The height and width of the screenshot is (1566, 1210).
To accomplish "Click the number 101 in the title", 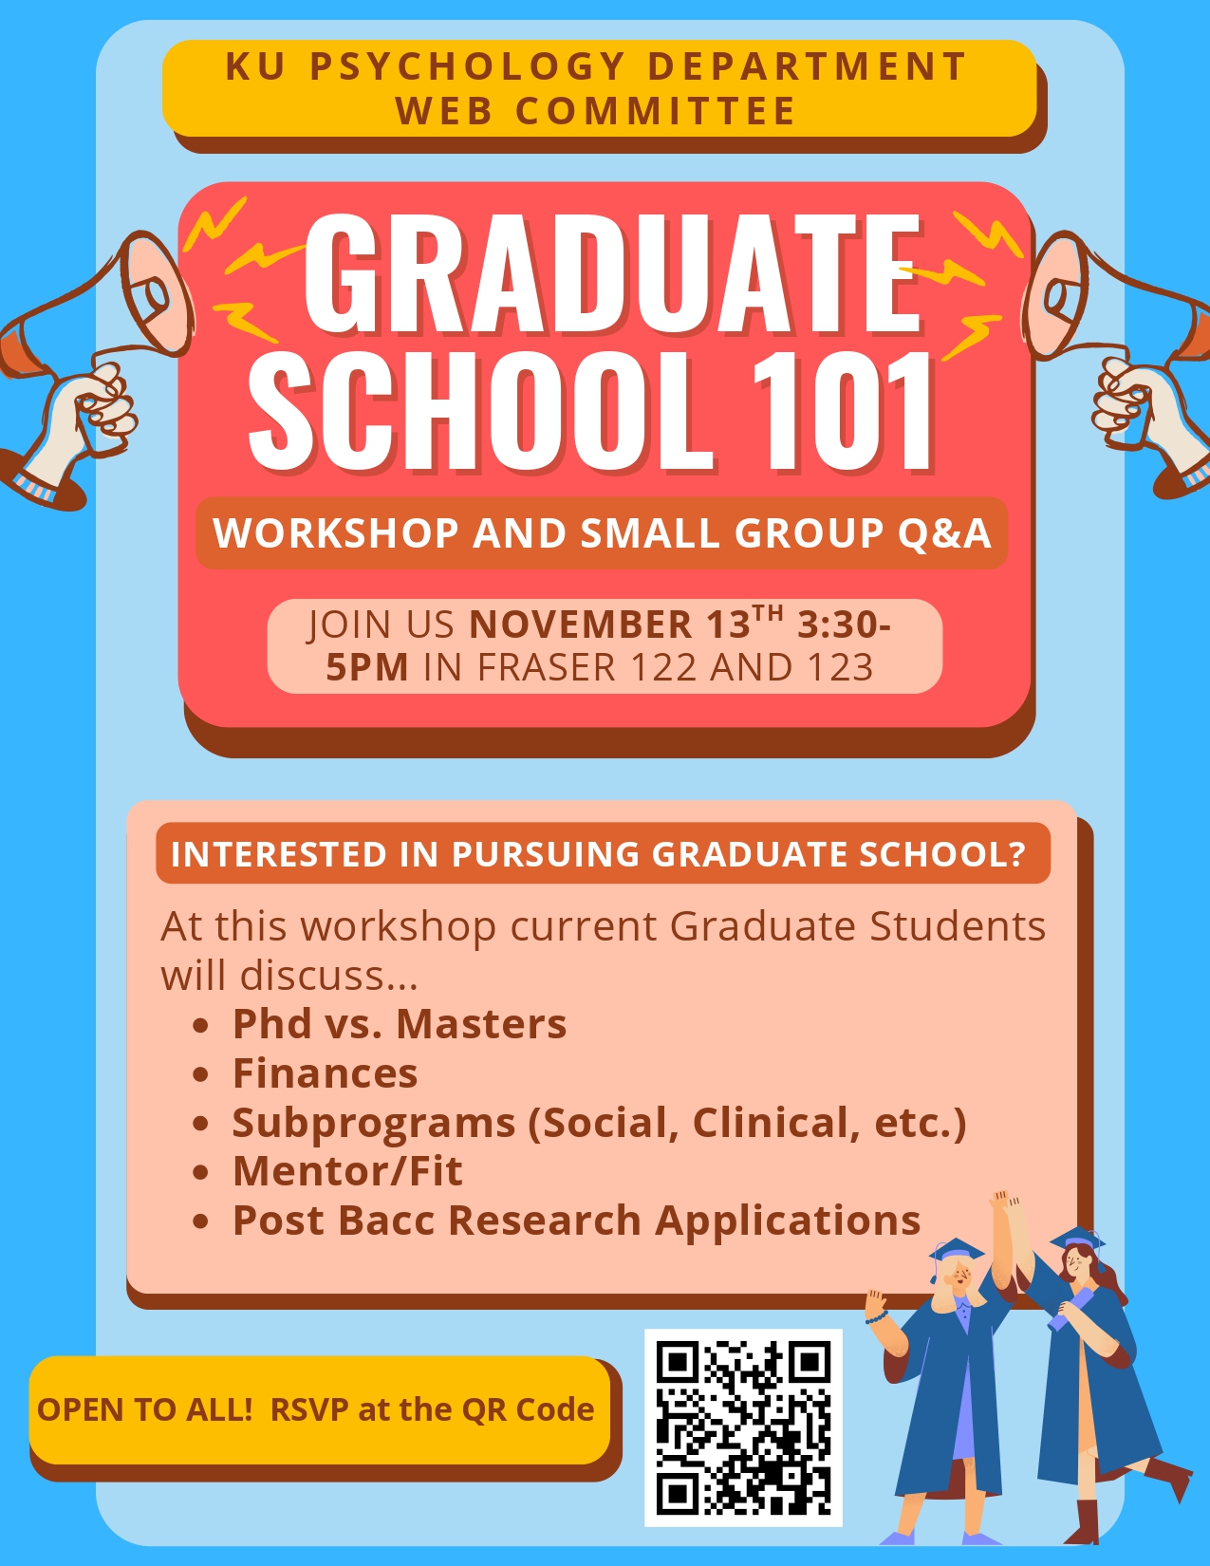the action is pyautogui.click(x=843, y=412).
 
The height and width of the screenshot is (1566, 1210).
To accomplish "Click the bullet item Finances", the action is pyautogui.click(x=325, y=1073).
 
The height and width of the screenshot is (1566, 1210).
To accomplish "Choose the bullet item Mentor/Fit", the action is pyautogui.click(x=347, y=1170).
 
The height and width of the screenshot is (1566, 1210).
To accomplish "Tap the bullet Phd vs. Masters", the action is pyautogui.click(x=400, y=1023).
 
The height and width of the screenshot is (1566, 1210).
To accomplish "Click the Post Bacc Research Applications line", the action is pyautogui.click(x=577, y=1221).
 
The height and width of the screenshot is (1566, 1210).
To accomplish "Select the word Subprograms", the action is pyautogui.click(x=373, y=1124).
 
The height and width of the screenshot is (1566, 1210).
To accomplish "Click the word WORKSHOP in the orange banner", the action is pyautogui.click(x=336, y=532).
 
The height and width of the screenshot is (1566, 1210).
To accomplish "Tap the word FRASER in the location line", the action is pyautogui.click(x=547, y=666).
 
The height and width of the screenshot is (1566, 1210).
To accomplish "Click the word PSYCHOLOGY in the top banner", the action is pyautogui.click(x=468, y=66).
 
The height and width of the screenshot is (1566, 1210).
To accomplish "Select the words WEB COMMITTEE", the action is pyautogui.click(x=595, y=111).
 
